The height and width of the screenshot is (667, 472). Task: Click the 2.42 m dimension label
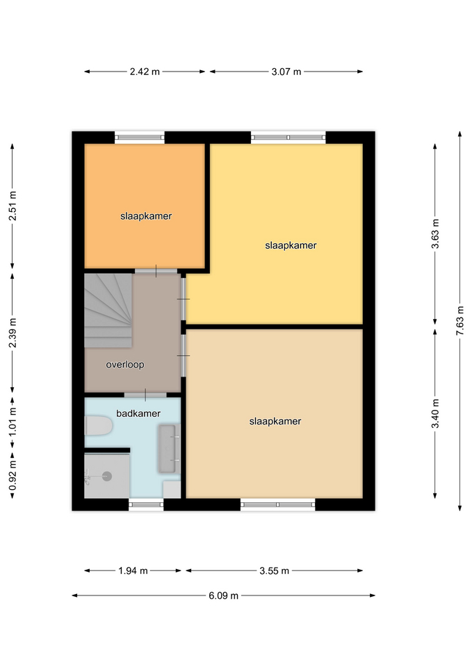tap(145, 72)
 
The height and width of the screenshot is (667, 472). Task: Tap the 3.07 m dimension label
tap(286, 72)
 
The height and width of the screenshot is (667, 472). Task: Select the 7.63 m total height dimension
tap(460, 321)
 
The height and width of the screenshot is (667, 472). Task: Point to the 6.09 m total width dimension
tap(223, 595)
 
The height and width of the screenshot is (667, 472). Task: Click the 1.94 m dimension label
tap(133, 570)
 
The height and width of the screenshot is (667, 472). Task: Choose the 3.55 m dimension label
tap(274, 570)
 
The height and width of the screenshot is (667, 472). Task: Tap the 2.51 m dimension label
tap(13, 206)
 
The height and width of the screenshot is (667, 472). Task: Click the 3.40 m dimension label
tap(435, 413)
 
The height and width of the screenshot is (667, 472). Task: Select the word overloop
tap(124, 365)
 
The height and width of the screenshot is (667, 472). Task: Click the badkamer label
tap(138, 413)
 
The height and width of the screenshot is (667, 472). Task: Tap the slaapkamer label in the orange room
tap(146, 216)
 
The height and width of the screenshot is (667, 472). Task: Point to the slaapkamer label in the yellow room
tap(291, 245)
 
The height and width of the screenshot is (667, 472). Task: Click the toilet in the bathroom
tap(98, 425)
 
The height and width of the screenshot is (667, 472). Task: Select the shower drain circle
tap(107, 476)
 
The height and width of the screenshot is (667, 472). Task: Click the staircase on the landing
tap(108, 311)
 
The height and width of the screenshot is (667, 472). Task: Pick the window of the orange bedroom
tap(140, 137)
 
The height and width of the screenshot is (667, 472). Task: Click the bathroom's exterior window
tap(146, 504)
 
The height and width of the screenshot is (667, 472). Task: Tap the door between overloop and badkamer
tap(145, 395)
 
